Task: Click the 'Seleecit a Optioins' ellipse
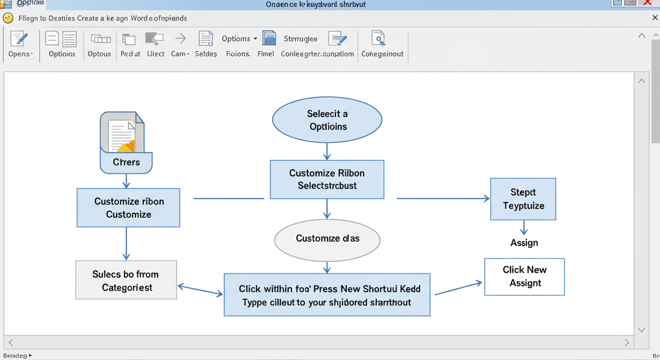coord(327,120)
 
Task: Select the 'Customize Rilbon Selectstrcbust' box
coord(327,180)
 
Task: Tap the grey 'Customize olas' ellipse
coord(327,240)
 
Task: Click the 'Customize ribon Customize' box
coord(128,208)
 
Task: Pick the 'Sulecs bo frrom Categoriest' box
coord(126,280)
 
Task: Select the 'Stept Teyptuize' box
coord(523,199)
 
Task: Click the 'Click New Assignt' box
coord(524,277)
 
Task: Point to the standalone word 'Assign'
coord(524,243)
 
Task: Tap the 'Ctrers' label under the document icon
coord(126,163)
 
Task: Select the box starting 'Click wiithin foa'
coord(327,295)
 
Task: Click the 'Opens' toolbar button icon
coord(19,39)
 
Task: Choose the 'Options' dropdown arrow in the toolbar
coord(255,39)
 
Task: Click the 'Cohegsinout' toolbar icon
coord(378,39)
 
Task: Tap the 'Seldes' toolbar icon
coord(205,39)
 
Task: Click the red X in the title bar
coord(647,3)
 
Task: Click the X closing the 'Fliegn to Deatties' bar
coord(655,18)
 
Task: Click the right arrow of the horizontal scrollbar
coord(627,343)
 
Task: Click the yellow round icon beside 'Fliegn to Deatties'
coord(8,18)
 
